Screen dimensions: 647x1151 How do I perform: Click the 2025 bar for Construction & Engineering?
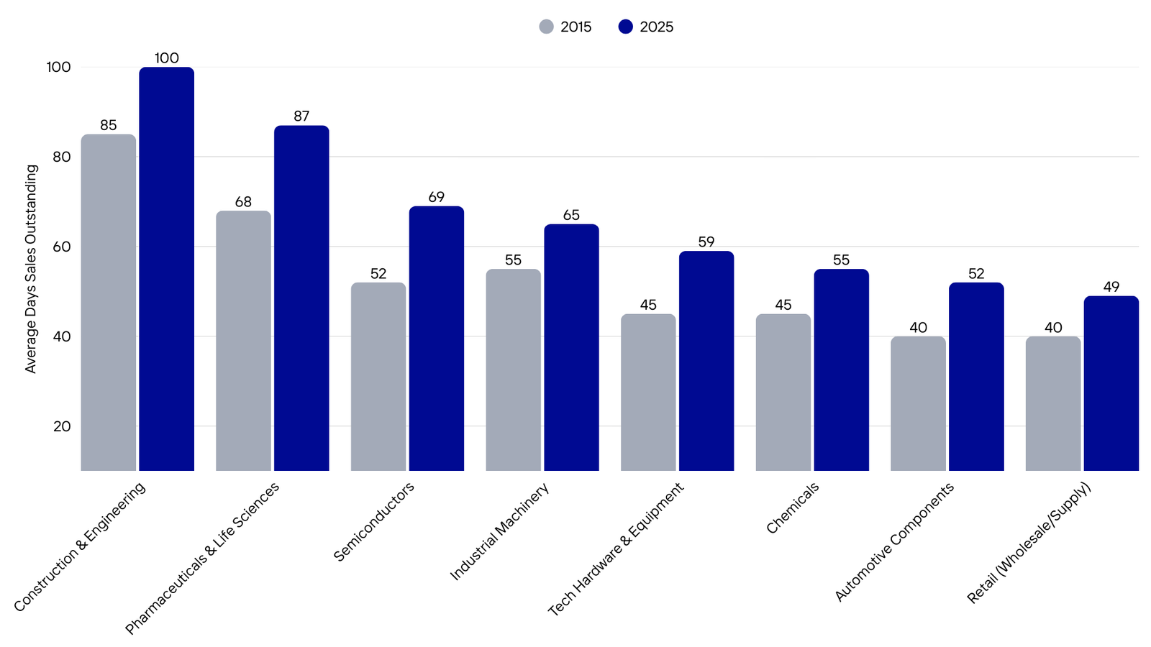(166, 269)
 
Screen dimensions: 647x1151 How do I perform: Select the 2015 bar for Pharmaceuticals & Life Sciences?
(243, 341)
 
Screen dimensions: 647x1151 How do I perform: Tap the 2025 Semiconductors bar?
(436, 338)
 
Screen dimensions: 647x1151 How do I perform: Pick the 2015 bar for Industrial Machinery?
(513, 370)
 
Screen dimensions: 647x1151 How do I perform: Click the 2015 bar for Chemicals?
(783, 392)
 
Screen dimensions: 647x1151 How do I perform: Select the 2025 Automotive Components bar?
(975, 377)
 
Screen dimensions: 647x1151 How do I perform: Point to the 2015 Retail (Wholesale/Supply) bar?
(1052, 403)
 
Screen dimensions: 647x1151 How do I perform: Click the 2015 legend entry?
(566, 27)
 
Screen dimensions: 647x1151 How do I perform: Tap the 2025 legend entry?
(646, 27)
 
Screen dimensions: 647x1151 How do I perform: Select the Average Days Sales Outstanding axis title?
(31, 269)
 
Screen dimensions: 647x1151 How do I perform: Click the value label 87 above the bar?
(301, 116)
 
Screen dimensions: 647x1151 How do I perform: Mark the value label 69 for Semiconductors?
(436, 196)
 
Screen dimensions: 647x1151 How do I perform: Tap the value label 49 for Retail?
(1111, 287)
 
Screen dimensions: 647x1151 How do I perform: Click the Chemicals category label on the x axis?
(793, 508)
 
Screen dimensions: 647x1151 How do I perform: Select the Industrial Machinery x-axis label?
(499, 531)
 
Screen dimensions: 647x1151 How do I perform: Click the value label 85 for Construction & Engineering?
(108, 125)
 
